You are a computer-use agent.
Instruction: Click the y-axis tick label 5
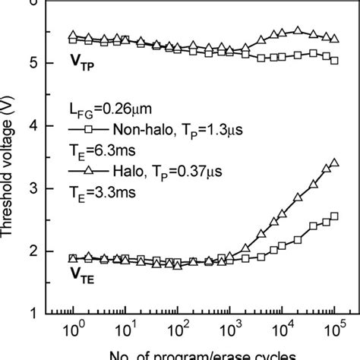pyautogui.click(x=32, y=63)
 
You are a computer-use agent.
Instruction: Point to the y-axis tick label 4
pyautogui.click(x=32, y=126)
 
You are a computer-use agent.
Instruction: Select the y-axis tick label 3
pyautogui.click(x=32, y=188)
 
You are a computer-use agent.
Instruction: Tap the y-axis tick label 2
pyautogui.click(x=32, y=251)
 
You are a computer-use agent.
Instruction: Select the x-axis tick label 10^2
pyautogui.click(x=177, y=331)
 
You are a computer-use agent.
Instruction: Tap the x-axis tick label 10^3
pyautogui.click(x=229, y=331)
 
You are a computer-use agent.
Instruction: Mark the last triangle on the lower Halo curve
pyautogui.click(x=334, y=163)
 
